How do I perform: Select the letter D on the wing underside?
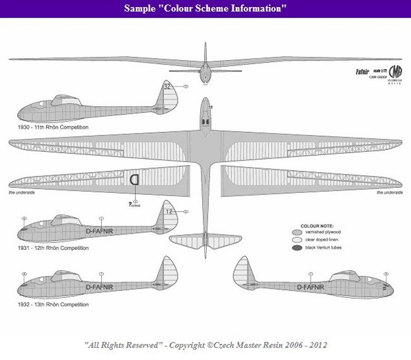[x=135, y=180]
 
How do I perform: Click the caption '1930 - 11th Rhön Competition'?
[x=54, y=127]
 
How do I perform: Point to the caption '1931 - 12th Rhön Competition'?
[x=54, y=248]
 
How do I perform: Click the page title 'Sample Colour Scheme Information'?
[x=205, y=9]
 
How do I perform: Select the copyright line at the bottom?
[x=205, y=345]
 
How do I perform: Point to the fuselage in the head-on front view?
[x=205, y=70]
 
